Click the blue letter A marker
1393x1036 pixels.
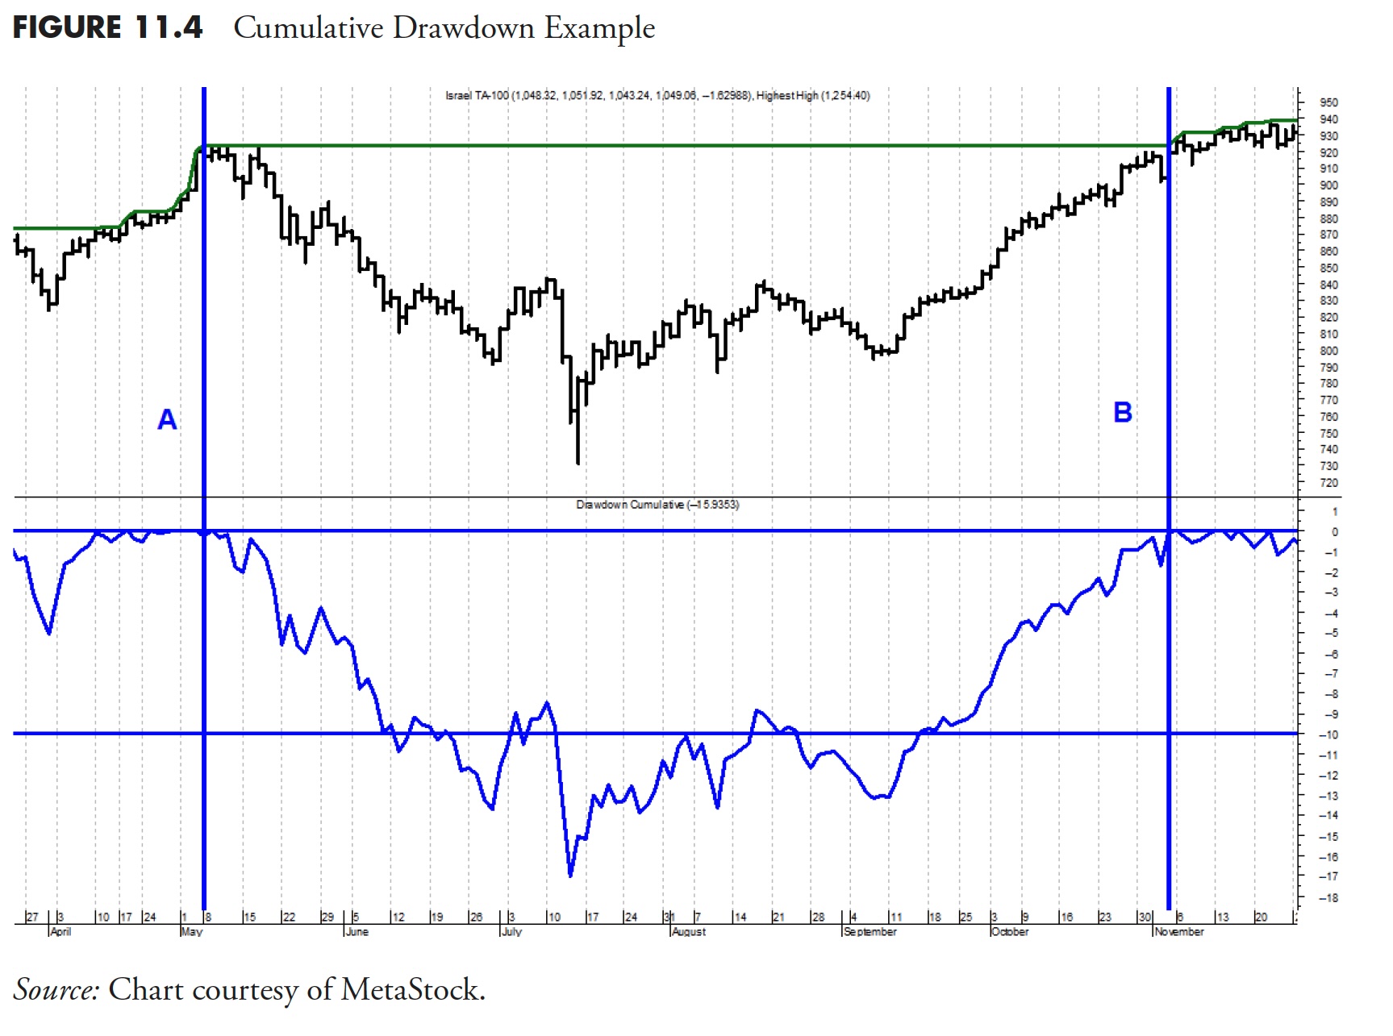coord(167,419)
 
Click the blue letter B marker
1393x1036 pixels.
coord(1122,412)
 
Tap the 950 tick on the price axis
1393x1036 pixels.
coord(1328,102)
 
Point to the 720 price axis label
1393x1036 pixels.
coord(1328,483)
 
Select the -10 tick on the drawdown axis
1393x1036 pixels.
coord(1328,734)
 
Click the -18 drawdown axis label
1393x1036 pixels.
coord(1328,897)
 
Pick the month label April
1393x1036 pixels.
coord(60,931)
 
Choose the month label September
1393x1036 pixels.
coord(870,931)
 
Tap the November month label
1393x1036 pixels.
coord(1178,931)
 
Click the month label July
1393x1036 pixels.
coord(511,931)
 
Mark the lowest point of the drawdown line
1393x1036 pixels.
coord(570,876)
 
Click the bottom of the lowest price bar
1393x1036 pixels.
coord(578,464)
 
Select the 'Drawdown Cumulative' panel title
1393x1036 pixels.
coord(630,505)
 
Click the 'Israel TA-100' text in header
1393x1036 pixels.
coord(477,95)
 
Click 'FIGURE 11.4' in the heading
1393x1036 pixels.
coord(107,27)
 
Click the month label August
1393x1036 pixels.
coord(689,931)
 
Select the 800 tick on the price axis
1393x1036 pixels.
coord(1328,351)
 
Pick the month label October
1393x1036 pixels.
coord(1009,931)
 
